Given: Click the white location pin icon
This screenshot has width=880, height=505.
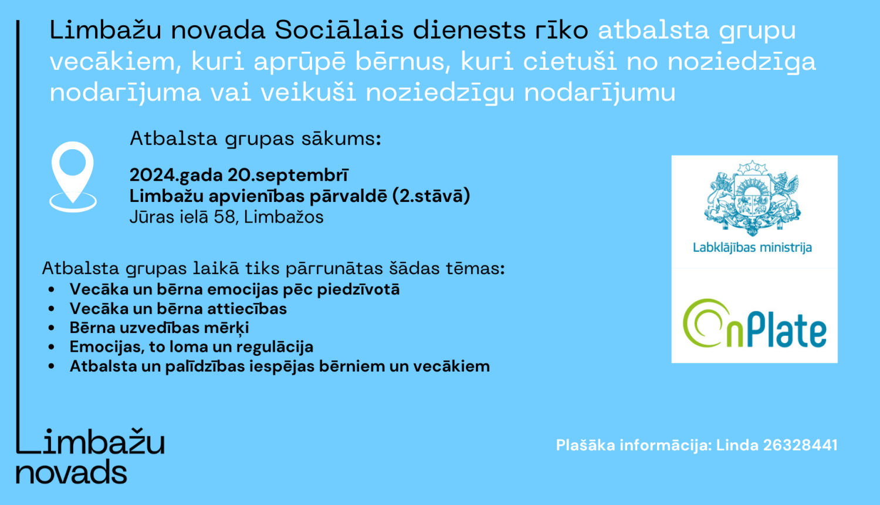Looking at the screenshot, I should click(x=73, y=175).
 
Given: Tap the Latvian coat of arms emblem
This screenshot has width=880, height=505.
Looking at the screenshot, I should click(x=753, y=198).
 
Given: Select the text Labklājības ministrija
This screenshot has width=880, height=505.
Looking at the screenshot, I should click(x=752, y=247).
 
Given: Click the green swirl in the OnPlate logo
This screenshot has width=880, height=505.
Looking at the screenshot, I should click(x=703, y=322).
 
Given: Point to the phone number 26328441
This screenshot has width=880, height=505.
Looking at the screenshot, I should click(x=800, y=445).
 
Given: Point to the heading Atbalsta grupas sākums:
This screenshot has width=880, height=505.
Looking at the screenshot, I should click(x=255, y=139).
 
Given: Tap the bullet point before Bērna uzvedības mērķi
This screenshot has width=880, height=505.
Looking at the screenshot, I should click(x=52, y=328).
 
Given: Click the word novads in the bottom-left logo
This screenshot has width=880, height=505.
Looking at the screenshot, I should click(x=71, y=473).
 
